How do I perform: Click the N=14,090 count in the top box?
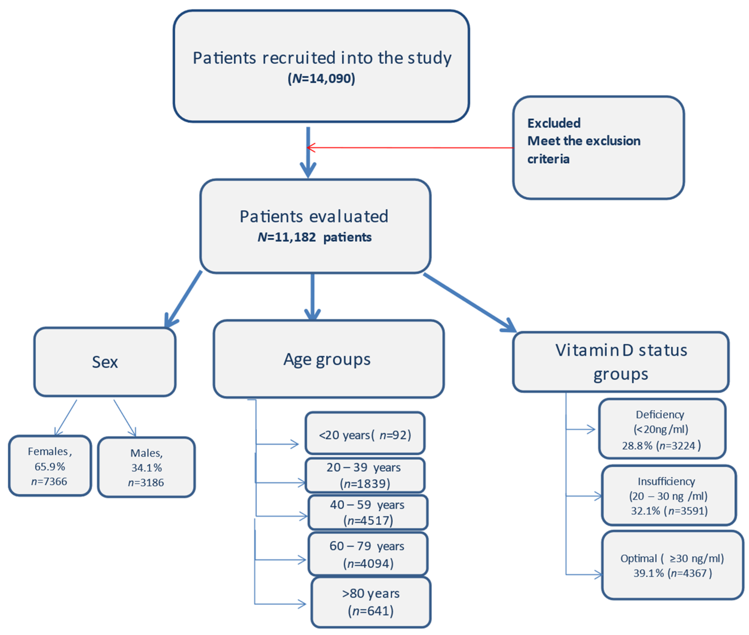point(321,78)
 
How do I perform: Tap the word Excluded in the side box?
point(554,123)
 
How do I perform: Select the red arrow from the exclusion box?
point(410,147)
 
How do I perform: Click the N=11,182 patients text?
point(314,237)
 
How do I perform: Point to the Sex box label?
point(105,362)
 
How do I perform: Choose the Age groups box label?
point(327,359)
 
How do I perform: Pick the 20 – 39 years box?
point(365,475)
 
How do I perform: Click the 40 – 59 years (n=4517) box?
point(367,512)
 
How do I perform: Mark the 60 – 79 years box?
point(367,554)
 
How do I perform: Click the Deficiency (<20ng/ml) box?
point(662,429)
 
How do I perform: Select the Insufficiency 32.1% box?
point(668,496)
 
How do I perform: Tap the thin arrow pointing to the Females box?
point(66,418)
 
